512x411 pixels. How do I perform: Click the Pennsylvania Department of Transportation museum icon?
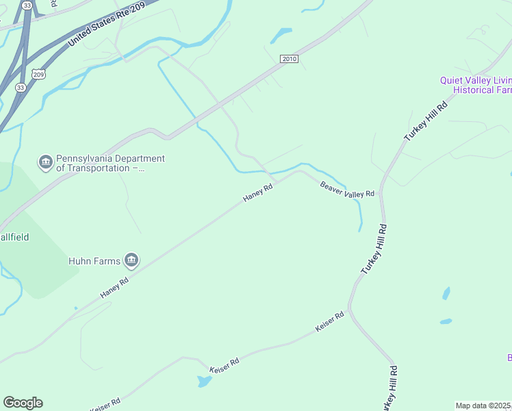click(46, 162)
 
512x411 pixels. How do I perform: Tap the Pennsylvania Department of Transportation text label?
click(110, 163)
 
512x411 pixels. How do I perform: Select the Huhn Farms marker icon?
click(131, 260)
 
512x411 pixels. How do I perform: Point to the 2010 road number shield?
click(289, 60)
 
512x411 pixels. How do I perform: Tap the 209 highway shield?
click(38, 74)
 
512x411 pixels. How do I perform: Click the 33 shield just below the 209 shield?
click(21, 87)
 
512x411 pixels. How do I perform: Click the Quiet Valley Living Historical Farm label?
click(476, 85)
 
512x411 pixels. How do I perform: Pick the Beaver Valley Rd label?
click(348, 189)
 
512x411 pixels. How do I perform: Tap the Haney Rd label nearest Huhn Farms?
click(114, 288)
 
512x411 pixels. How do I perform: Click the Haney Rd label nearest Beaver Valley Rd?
click(258, 193)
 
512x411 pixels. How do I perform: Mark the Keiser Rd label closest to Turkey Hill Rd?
click(329, 323)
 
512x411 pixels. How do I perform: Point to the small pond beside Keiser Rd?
click(204, 380)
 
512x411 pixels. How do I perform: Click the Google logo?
click(23, 403)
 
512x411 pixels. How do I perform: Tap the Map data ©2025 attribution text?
click(483, 406)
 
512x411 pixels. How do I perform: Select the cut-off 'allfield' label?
click(14, 237)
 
